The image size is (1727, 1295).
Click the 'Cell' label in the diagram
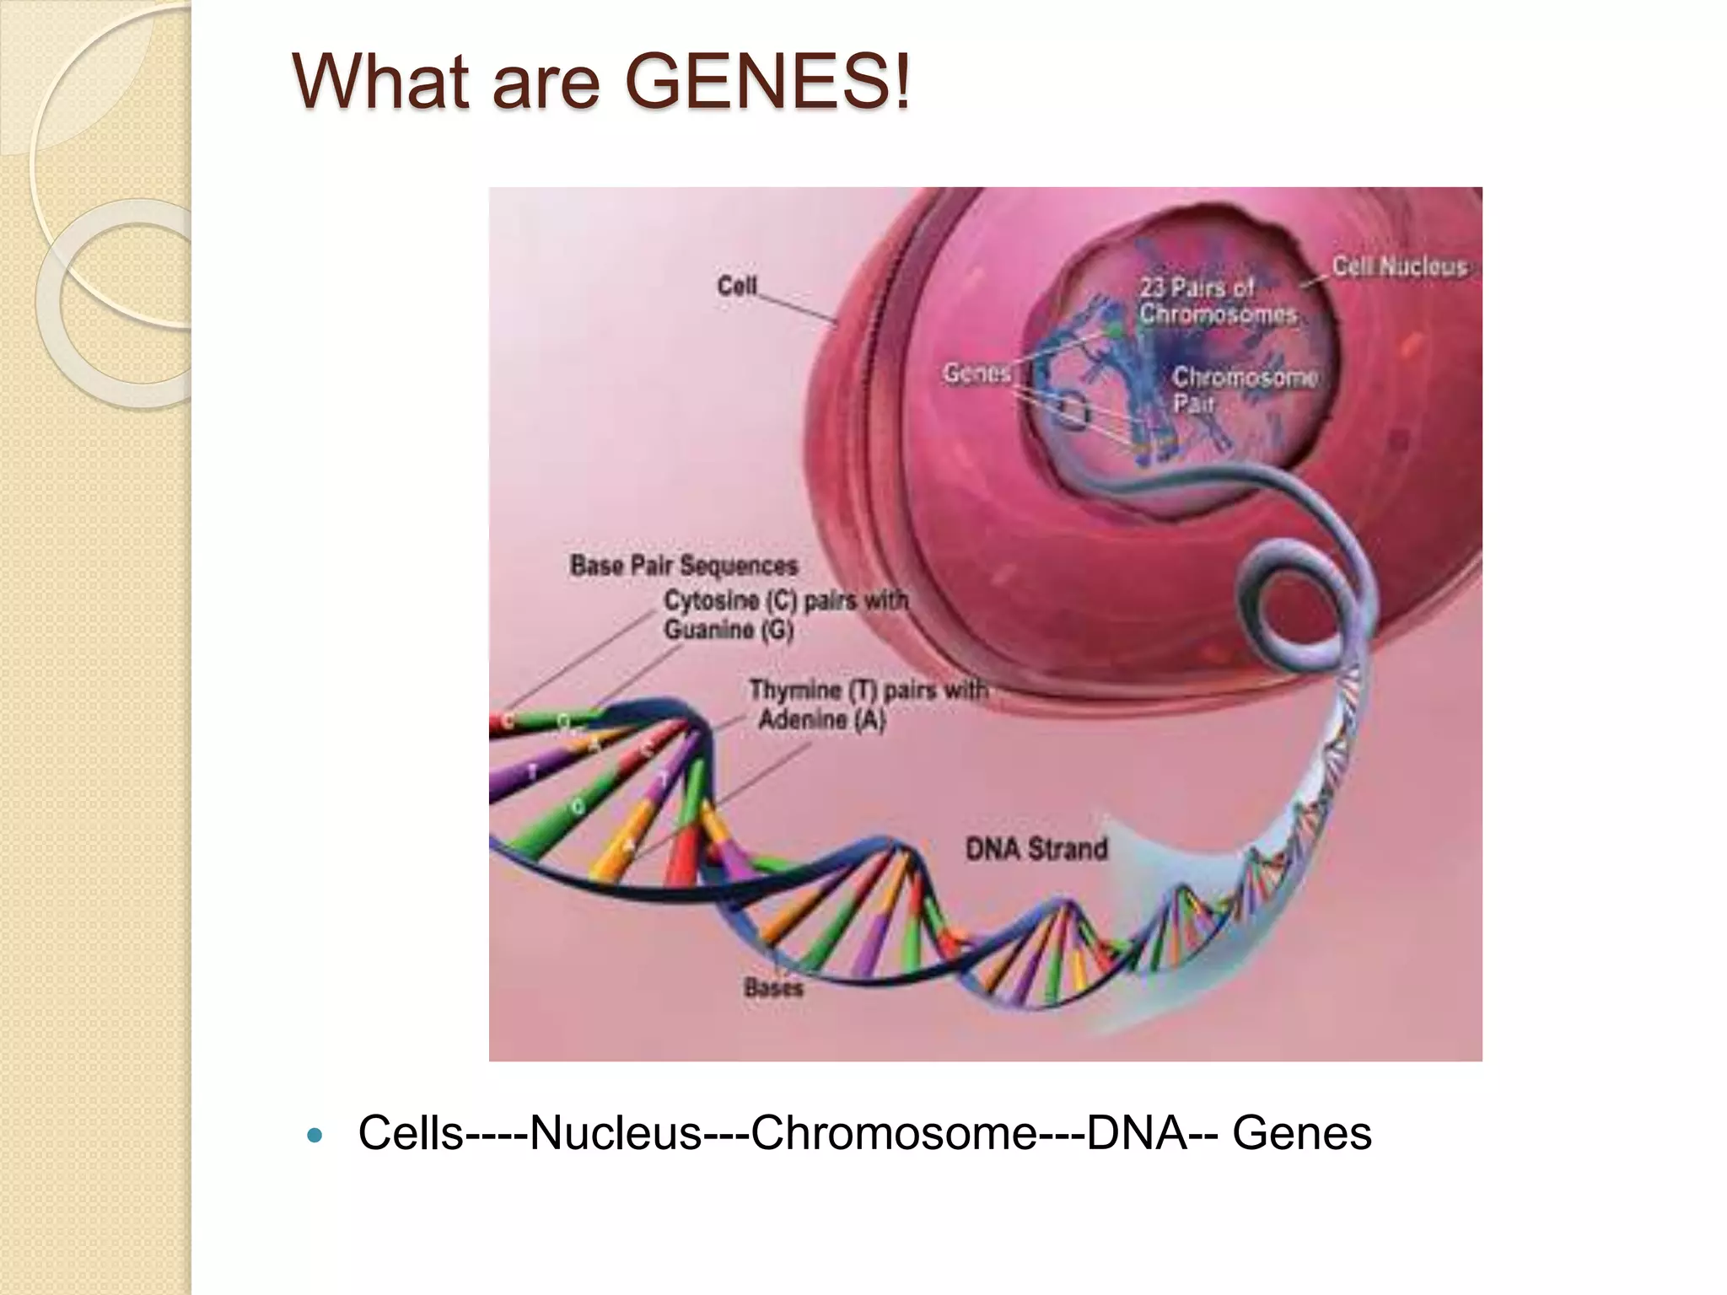pyautogui.click(x=737, y=286)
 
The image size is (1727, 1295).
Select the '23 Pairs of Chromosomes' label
pyautogui.click(x=1218, y=301)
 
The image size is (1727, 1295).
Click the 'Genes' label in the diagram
pyautogui.click(x=976, y=372)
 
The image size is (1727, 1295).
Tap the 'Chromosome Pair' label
pyautogui.click(x=1245, y=390)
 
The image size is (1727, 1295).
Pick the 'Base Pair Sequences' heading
pyautogui.click(x=684, y=565)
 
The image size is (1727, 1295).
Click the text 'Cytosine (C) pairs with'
pyautogui.click(x=786, y=600)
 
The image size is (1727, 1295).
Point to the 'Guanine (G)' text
pyautogui.click(x=729, y=630)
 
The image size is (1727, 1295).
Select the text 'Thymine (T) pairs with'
pyautogui.click(x=869, y=690)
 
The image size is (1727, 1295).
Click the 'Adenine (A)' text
pyautogui.click(x=821, y=719)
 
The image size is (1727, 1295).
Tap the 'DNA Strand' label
pyautogui.click(x=1036, y=848)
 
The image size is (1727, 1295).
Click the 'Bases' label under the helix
pyautogui.click(x=773, y=986)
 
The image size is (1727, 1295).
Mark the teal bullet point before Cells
pyautogui.click(x=315, y=1136)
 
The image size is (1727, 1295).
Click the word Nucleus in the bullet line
pyautogui.click(x=616, y=1132)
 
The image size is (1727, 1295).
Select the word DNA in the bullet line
pyautogui.click(x=1138, y=1132)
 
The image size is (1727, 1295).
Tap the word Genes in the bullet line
pyautogui.click(x=1302, y=1132)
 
